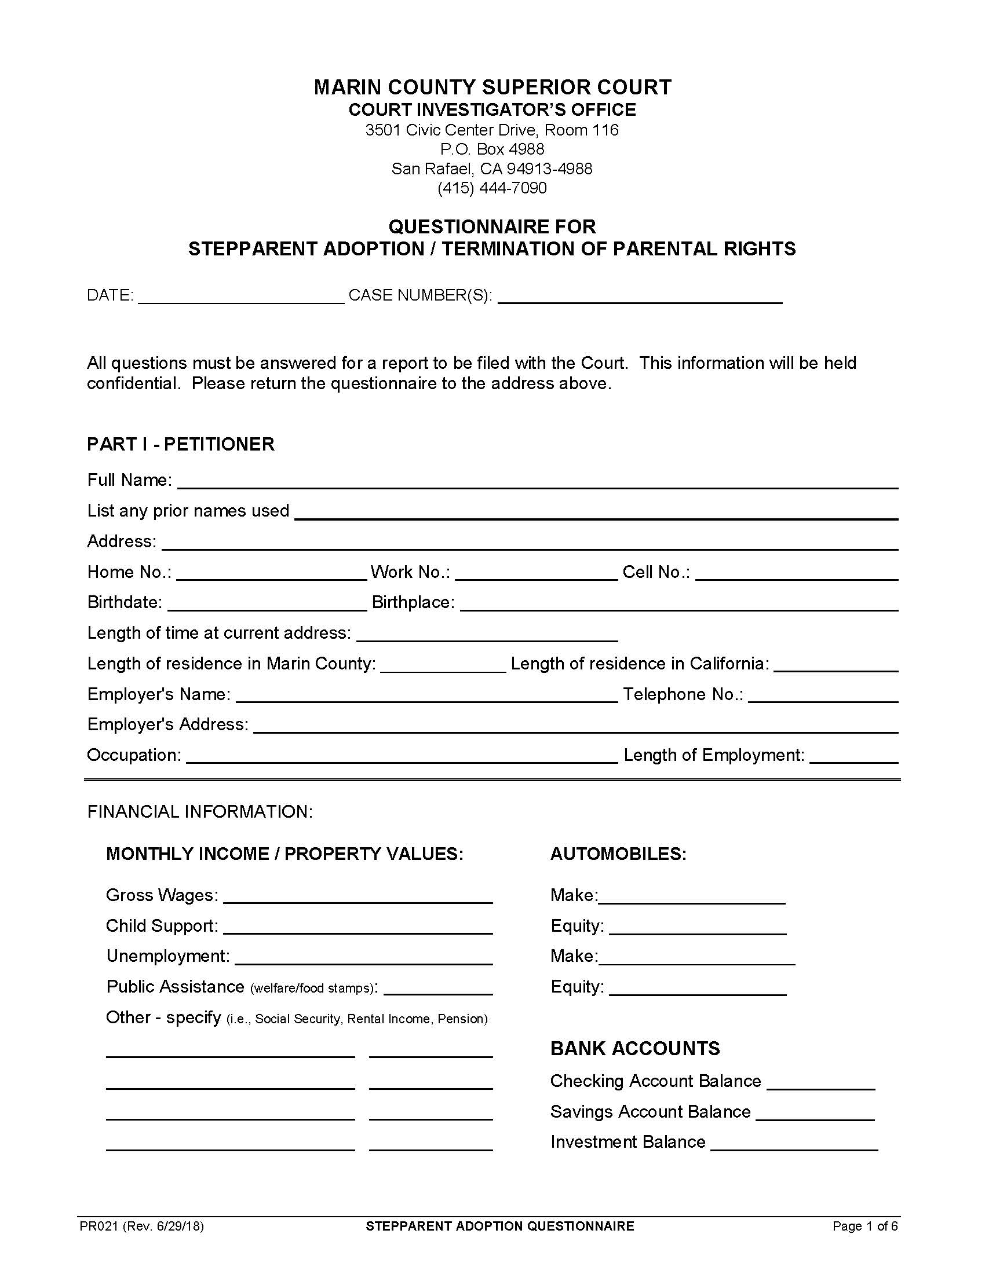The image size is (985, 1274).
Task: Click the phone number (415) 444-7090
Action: pyautogui.click(x=492, y=188)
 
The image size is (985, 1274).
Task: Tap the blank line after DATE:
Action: pyautogui.click(x=242, y=296)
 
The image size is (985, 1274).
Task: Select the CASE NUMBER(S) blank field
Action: pyautogui.click(x=640, y=296)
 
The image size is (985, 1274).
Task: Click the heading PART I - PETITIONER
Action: pyautogui.click(x=180, y=445)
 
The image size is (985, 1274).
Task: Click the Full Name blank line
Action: pyautogui.click(x=537, y=481)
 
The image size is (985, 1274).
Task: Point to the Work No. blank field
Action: pyautogui.click(x=536, y=573)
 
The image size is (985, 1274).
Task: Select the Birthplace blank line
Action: pyautogui.click(x=678, y=603)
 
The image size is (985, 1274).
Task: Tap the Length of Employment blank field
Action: pyautogui.click(x=853, y=756)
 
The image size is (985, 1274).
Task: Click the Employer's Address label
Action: pyautogui.click(x=167, y=724)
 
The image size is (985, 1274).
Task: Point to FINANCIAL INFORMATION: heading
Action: pyautogui.click(x=200, y=812)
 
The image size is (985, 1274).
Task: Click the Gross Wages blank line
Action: pyautogui.click(x=357, y=896)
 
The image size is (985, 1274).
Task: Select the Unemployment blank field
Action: pyautogui.click(x=363, y=957)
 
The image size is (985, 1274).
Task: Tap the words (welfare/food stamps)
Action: pyautogui.click(x=312, y=988)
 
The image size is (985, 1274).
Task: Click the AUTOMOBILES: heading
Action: pyautogui.click(x=618, y=854)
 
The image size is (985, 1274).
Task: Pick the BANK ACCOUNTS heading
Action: pyautogui.click(x=634, y=1049)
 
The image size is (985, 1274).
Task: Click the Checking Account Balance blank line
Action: pyautogui.click(x=820, y=1082)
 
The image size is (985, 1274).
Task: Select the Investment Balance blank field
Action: pyautogui.click(x=794, y=1143)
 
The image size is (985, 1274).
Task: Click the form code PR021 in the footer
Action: pyautogui.click(x=99, y=1226)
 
